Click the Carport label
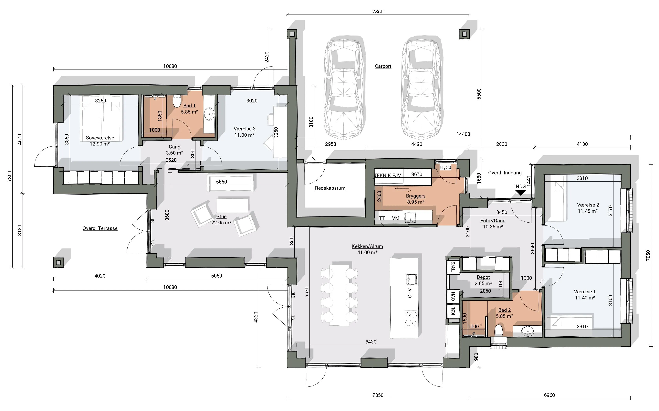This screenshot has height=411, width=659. coord(383,66)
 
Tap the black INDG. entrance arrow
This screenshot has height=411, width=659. coord(521,193)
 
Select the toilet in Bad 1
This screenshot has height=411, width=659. coord(177,101)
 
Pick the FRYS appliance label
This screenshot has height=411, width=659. coord(453,267)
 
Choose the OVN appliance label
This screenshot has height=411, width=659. coord(453,297)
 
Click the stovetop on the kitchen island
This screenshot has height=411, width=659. coord(411,319)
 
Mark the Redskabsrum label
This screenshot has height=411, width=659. coord(330,188)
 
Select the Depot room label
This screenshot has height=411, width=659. coord(483,277)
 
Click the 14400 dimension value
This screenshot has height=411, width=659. coord(463,134)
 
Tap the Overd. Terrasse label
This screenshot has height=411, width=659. coord(100,228)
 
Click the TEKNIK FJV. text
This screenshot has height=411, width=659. coord(388,176)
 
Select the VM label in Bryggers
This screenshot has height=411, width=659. coord(396,218)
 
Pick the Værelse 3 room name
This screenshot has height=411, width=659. coord(245,129)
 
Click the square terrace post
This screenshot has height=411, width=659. coord(58,263)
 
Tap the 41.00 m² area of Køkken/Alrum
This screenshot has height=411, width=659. coord(367,253)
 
